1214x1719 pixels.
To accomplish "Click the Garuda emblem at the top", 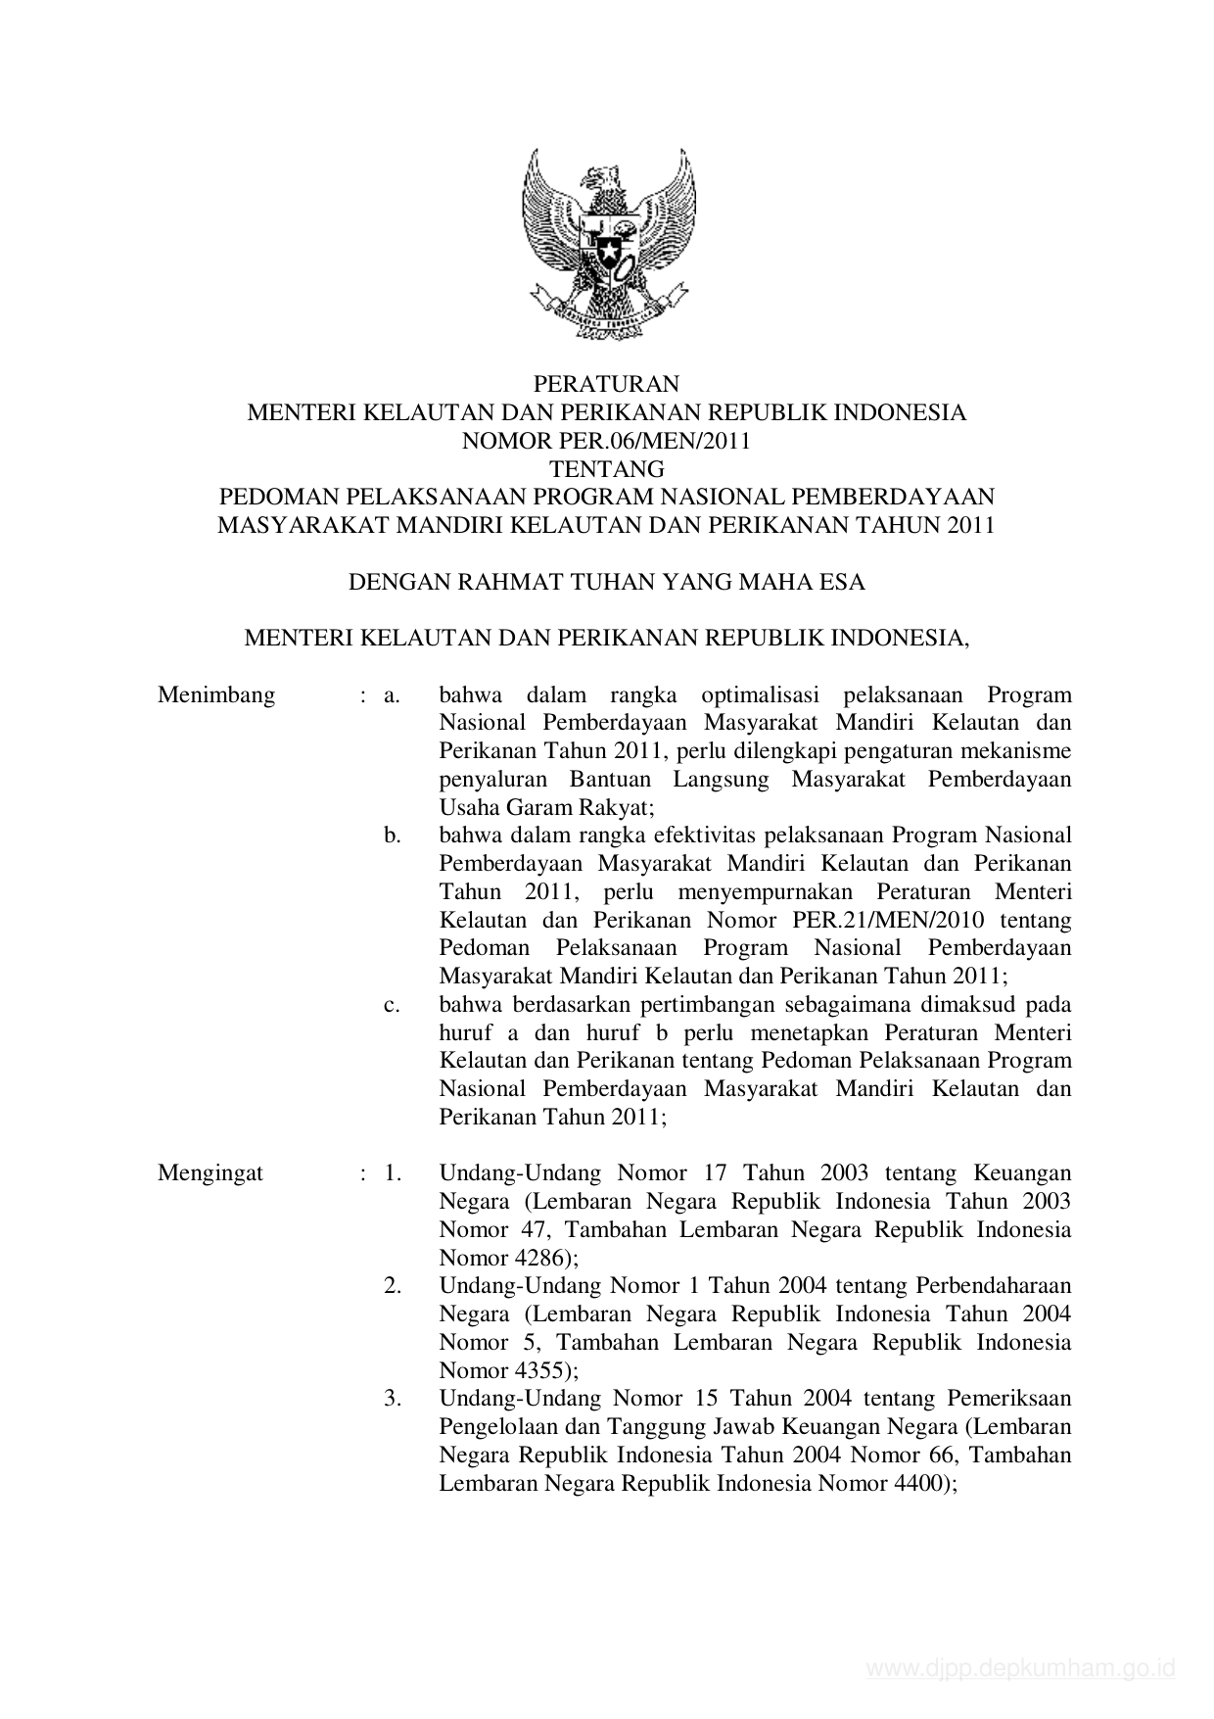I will coord(606,244).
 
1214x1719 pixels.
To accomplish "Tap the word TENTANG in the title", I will coord(606,469).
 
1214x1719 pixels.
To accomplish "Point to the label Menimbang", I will coord(216,695).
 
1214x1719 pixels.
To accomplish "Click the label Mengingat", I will coord(210,1173).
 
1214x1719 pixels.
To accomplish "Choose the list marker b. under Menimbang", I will coord(393,836).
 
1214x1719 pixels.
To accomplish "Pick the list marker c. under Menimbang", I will coord(392,1005).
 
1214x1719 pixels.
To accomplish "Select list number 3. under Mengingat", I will coord(393,1399).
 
